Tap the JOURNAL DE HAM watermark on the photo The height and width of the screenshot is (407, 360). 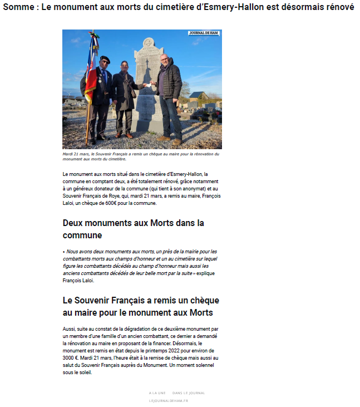[x=204, y=33]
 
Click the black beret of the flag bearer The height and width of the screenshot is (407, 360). [x=104, y=58]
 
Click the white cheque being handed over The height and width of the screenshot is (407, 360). [x=147, y=84]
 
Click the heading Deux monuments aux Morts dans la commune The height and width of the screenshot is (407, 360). [x=134, y=229]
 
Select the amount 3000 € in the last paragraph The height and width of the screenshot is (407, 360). [x=71, y=358]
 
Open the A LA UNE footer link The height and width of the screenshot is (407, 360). [x=157, y=393]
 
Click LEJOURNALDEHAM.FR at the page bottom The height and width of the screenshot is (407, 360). [x=169, y=400]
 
